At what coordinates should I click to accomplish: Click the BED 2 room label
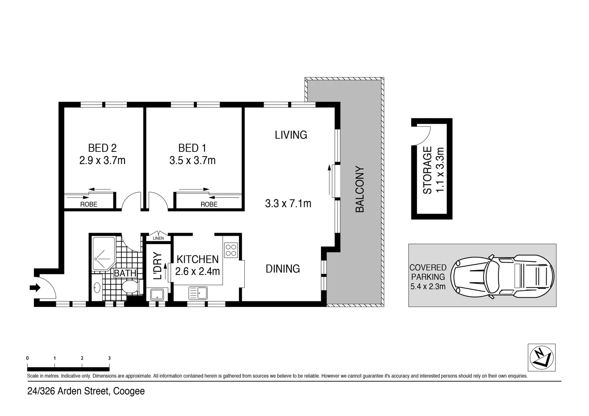[x=102, y=148]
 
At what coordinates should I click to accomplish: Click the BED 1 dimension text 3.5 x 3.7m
[x=192, y=160]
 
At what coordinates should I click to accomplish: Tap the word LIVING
[x=291, y=135]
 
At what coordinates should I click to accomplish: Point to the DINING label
[x=283, y=268]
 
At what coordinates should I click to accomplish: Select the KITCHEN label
[x=197, y=259]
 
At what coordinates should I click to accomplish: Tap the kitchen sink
[x=198, y=293]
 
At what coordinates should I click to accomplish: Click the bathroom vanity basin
[x=97, y=287]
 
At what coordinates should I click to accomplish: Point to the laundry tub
[x=157, y=295]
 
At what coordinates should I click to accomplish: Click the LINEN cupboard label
[x=158, y=238]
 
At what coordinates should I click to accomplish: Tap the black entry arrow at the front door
[x=35, y=287]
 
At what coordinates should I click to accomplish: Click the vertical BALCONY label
[x=359, y=189]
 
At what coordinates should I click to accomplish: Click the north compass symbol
[x=541, y=357]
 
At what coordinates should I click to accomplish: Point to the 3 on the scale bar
[x=109, y=358]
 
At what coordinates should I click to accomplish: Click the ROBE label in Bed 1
[x=209, y=205]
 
